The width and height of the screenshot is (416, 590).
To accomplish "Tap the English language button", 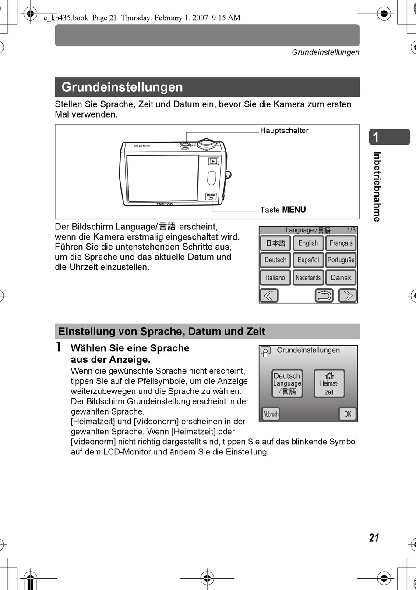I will click(x=308, y=243).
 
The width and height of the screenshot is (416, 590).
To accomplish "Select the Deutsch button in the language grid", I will click(x=275, y=260).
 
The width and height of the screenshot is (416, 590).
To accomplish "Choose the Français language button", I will click(x=341, y=243).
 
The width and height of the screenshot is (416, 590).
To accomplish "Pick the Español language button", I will click(x=308, y=260).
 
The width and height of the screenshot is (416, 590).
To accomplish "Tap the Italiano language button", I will click(x=275, y=278).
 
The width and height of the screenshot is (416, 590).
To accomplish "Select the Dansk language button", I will click(x=341, y=278).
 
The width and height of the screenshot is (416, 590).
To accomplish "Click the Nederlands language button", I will click(x=308, y=278).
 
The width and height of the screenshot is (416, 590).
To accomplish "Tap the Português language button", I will click(x=341, y=260).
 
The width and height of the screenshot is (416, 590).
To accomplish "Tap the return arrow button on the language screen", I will click(x=324, y=295).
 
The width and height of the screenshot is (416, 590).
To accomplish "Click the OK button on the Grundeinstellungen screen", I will click(x=348, y=414).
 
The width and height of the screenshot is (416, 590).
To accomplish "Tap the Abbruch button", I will click(x=271, y=414).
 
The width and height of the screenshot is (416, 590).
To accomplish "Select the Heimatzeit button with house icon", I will click(x=329, y=383).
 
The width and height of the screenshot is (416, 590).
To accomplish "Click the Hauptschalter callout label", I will click(x=284, y=131).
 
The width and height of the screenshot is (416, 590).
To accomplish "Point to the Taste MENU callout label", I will click(x=283, y=210).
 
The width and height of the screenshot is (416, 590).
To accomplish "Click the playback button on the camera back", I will click(x=213, y=161).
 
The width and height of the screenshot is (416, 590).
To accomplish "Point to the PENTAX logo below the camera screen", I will click(x=165, y=204).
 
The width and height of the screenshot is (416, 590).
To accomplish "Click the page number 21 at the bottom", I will click(x=374, y=538).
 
